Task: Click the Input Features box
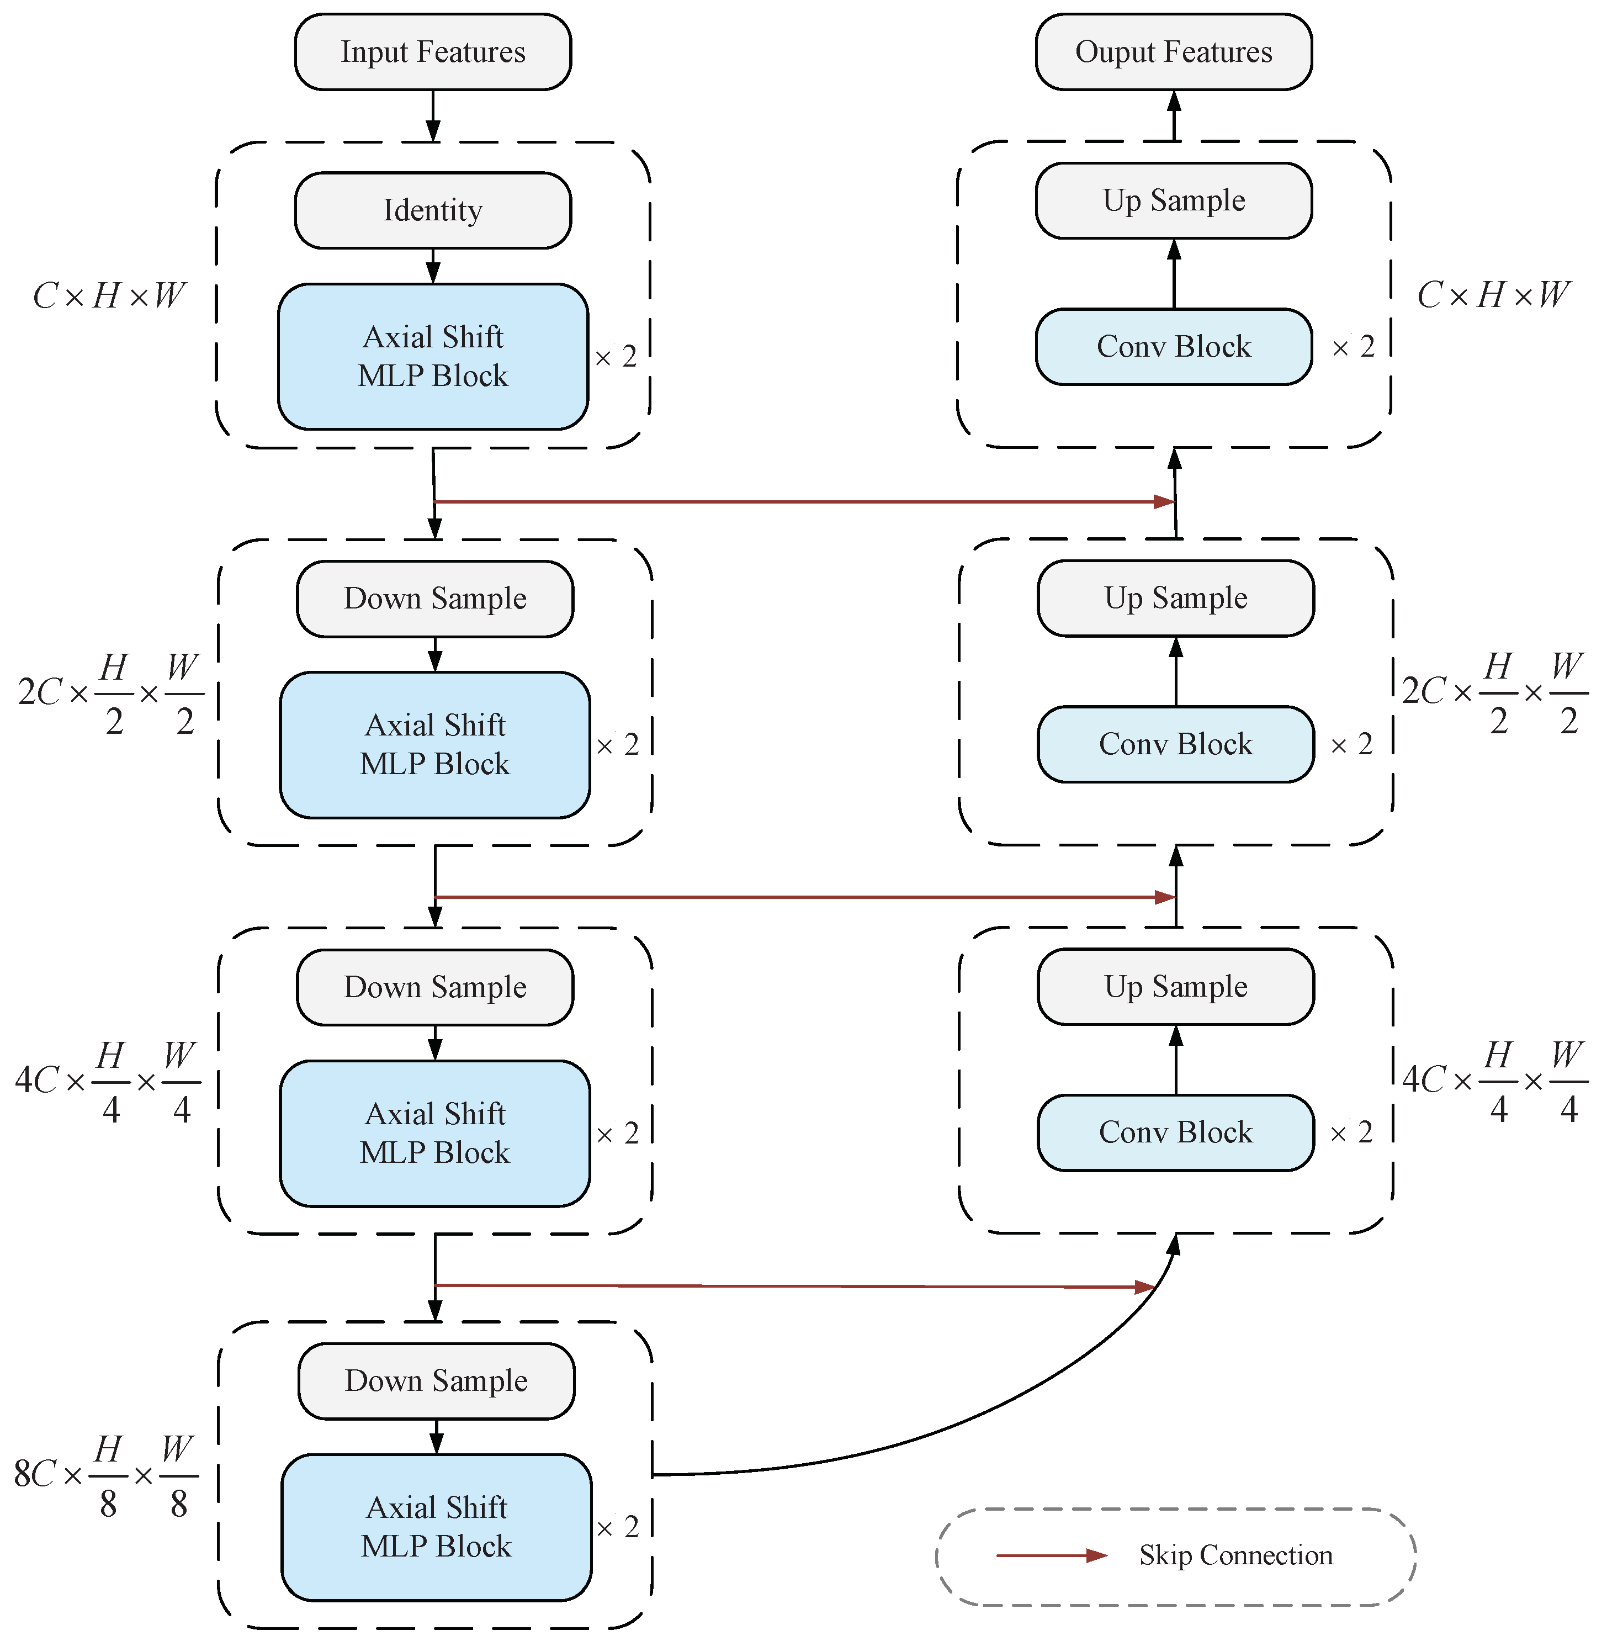point(432,51)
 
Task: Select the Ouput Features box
point(1173,51)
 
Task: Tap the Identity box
point(432,210)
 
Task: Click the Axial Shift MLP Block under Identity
point(432,356)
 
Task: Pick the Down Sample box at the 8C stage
point(436,1381)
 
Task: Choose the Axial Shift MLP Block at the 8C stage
point(436,1526)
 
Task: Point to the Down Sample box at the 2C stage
point(434,599)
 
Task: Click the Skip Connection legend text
point(1235,1555)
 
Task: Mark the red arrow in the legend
point(1051,1555)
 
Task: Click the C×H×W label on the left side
point(108,295)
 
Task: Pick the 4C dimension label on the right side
point(1494,1081)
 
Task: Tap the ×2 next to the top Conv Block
point(1354,347)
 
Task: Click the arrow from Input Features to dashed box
point(432,115)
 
